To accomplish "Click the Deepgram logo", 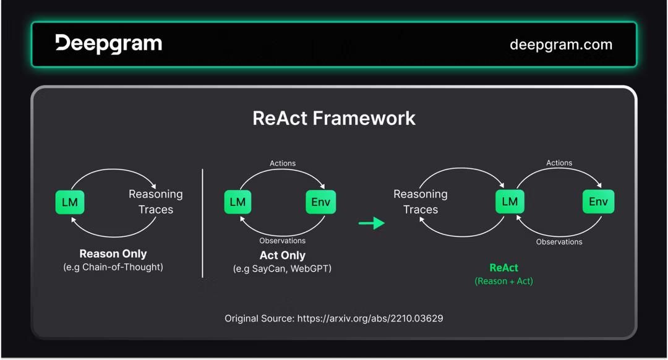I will [x=109, y=44].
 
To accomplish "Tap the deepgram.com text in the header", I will [x=560, y=45].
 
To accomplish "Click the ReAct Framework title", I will [x=334, y=118].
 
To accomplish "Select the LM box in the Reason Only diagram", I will [x=70, y=202].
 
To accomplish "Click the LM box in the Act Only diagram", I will [x=238, y=202].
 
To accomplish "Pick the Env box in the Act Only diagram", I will [x=321, y=202].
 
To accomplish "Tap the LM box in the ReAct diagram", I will [x=510, y=202].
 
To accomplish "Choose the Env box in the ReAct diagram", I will [x=598, y=202].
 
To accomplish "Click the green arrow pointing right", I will [x=372, y=223].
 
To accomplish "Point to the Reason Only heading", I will [x=113, y=254].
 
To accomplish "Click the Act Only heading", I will [x=283, y=255].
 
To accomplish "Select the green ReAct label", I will [x=503, y=268].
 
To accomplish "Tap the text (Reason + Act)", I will [x=503, y=281].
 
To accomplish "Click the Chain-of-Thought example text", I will [x=113, y=267].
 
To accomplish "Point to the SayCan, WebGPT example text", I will [x=283, y=269].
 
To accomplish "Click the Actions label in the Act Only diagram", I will [x=283, y=163].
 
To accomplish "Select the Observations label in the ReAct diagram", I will [x=559, y=242].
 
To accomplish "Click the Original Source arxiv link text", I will [x=334, y=319].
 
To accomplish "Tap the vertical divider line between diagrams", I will [x=203, y=223].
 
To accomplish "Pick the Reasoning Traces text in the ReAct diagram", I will [x=421, y=202].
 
